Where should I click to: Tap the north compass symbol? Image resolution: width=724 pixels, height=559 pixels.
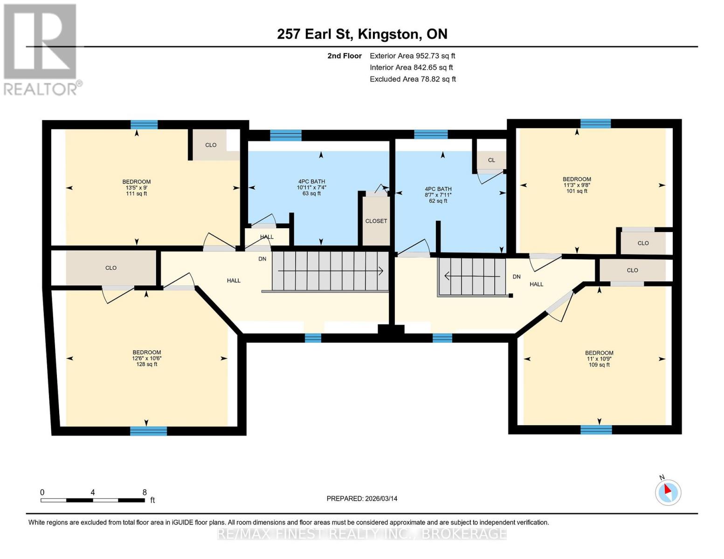click(x=668, y=492)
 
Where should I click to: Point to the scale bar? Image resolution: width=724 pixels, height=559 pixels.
click(x=93, y=500)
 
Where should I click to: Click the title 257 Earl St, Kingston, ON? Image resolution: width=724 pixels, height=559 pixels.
click(x=362, y=34)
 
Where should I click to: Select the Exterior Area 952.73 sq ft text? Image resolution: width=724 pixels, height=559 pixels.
click(x=413, y=56)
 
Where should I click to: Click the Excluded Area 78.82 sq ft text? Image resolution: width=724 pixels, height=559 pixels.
click(x=413, y=79)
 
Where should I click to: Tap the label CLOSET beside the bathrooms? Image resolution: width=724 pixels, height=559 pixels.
click(x=376, y=221)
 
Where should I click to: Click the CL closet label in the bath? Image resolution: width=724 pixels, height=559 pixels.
click(x=491, y=160)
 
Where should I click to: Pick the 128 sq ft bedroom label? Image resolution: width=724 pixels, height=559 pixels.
click(x=146, y=364)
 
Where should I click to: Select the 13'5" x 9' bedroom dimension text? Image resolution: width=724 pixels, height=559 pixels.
click(x=136, y=188)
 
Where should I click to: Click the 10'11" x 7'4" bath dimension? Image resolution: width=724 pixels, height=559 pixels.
click(x=311, y=187)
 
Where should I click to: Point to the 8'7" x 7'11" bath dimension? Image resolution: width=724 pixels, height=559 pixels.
click(x=438, y=195)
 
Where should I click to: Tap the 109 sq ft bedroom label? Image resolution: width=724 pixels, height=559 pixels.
click(x=599, y=365)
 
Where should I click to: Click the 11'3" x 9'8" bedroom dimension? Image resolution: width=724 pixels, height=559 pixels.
click(x=577, y=185)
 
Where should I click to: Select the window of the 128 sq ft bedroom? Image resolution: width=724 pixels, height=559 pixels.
click(x=148, y=431)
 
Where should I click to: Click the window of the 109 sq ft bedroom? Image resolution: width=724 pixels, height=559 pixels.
click(x=596, y=430)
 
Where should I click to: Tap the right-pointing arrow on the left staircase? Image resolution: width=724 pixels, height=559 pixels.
click(x=331, y=271)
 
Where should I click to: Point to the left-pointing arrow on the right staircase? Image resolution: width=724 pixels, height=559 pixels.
click(x=472, y=276)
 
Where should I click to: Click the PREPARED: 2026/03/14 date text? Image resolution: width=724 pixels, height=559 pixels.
click(x=362, y=499)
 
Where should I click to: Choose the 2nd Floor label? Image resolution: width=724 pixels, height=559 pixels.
click(x=345, y=56)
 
